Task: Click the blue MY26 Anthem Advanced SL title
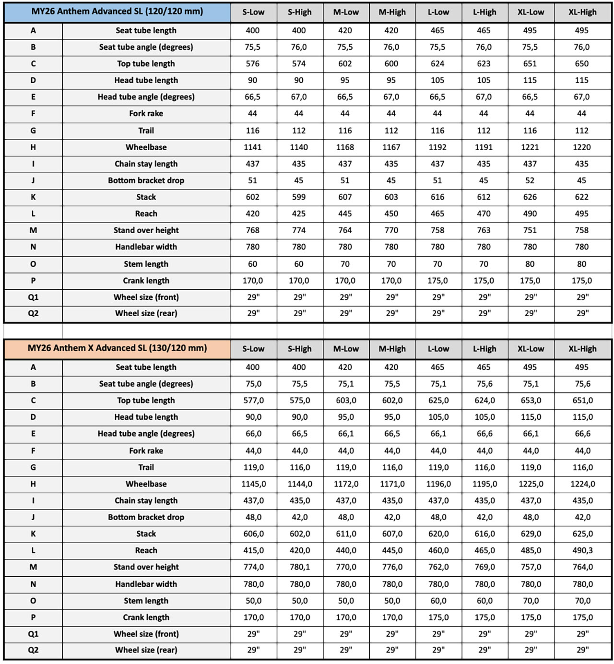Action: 117,12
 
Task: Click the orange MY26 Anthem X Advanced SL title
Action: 117,348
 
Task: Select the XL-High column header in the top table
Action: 582,12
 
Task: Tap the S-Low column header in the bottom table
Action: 253,349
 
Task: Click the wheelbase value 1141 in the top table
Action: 253,147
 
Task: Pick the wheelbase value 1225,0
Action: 531,484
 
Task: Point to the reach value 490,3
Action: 582,550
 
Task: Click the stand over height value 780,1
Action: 299,567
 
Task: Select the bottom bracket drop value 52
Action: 530,180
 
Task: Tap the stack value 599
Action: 299,197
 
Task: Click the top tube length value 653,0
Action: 531,401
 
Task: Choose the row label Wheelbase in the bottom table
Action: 146,484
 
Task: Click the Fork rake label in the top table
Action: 146,114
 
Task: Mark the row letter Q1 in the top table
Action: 33,297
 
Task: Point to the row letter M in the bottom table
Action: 33,567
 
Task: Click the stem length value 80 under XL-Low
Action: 530,264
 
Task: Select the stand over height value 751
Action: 530,230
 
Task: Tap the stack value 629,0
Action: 531,534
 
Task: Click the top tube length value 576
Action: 253,64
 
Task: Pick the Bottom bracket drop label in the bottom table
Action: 146,517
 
